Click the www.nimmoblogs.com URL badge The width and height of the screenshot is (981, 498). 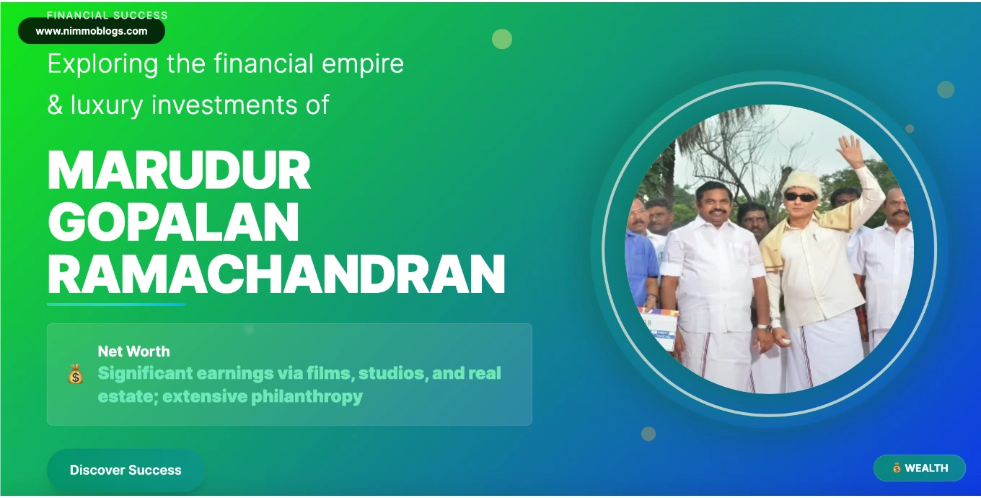92,31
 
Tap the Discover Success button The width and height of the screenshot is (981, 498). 126,471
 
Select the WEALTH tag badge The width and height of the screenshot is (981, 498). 920,468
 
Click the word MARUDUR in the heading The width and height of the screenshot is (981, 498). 179,171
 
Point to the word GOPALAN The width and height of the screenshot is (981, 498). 173,223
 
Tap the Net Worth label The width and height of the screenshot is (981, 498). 134,351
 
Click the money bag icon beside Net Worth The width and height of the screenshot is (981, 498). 75,374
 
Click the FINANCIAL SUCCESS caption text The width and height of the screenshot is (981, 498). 107,14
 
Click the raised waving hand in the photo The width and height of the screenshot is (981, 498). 851,150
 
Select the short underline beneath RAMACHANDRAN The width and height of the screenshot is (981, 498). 116,305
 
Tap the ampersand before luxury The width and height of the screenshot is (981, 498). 55,106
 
